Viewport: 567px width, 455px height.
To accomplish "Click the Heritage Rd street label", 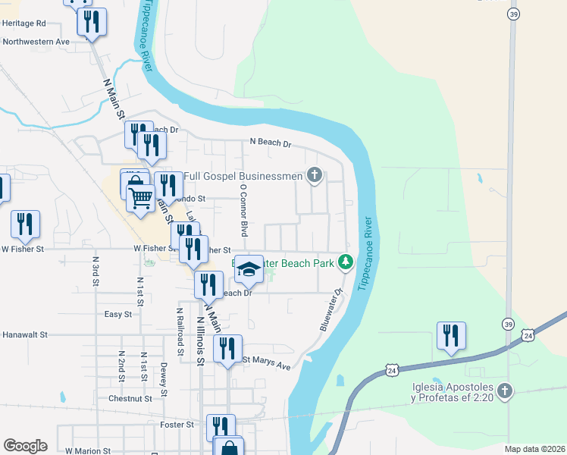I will (24, 24).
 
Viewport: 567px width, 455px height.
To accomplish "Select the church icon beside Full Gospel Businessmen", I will (315, 176).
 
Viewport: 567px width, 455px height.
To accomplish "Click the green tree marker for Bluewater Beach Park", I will (346, 262).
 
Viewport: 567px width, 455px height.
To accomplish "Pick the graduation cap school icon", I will (249, 269).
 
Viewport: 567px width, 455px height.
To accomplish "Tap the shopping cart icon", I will (141, 199).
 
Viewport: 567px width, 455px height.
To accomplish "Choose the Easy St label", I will (118, 313).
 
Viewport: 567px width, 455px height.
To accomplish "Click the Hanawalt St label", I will (25, 334).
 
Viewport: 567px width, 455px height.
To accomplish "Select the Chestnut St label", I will (130, 398).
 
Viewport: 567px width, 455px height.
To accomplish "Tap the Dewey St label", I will (164, 378).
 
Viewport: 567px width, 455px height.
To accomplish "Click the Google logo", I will (25, 445).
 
